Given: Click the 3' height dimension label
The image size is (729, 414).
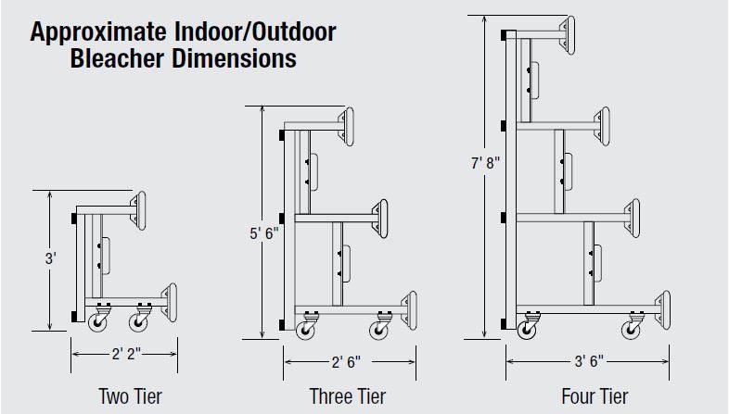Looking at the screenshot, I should tap(50, 260).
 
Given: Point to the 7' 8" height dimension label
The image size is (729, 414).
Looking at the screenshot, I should tap(484, 164).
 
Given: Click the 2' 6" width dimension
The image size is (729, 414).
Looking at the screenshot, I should tap(347, 362).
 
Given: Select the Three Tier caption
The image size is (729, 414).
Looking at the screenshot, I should tap(347, 396).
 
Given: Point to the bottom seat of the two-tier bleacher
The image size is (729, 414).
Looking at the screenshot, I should tap(170, 301).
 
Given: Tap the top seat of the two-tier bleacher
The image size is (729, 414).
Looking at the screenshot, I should tap(139, 210).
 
